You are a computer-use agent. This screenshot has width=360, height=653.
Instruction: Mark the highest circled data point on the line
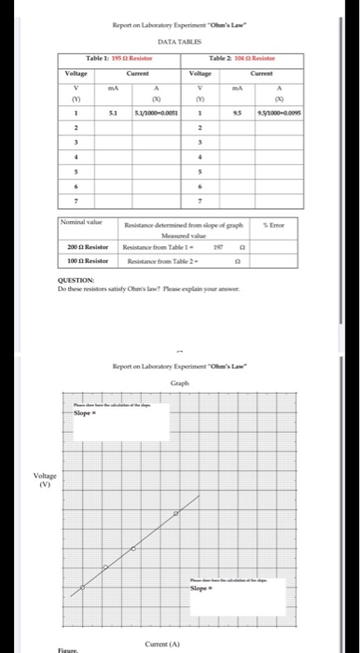pos(177,514)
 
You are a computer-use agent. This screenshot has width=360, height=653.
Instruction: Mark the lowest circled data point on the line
pos(82,587)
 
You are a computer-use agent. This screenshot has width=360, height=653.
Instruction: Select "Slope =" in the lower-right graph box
pos(201,590)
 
